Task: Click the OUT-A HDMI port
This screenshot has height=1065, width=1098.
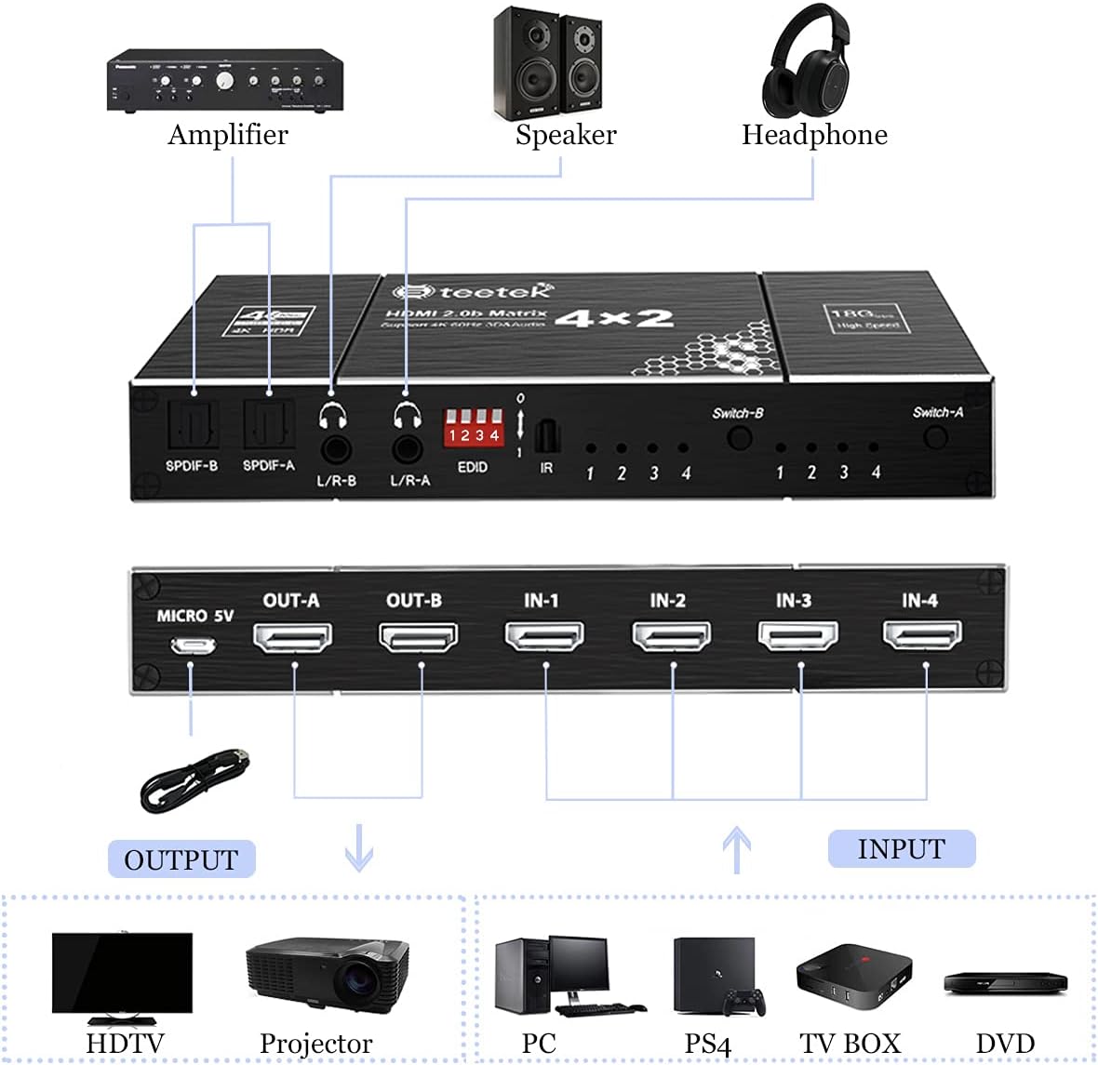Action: click(x=292, y=637)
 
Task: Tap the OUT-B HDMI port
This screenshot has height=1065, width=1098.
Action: click(x=419, y=637)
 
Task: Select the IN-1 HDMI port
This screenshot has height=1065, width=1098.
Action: click(x=544, y=636)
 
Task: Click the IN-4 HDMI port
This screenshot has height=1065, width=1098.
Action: click(x=922, y=635)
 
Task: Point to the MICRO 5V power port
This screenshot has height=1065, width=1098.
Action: click(x=193, y=645)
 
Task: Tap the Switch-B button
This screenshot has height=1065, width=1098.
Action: click(x=739, y=436)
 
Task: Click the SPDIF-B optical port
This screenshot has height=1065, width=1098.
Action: click(x=192, y=423)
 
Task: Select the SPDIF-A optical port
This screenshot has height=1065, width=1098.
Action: click(x=269, y=423)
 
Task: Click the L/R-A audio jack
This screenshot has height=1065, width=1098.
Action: click(x=408, y=449)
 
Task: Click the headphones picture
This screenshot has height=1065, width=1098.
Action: click(x=806, y=63)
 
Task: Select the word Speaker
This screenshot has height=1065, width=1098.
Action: click(x=566, y=135)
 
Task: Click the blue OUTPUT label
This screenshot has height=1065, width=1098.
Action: click(x=181, y=859)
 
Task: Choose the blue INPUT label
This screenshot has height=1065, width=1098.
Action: click(x=901, y=849)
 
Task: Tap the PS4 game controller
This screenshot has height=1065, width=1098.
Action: click(x=746, y=1002)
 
